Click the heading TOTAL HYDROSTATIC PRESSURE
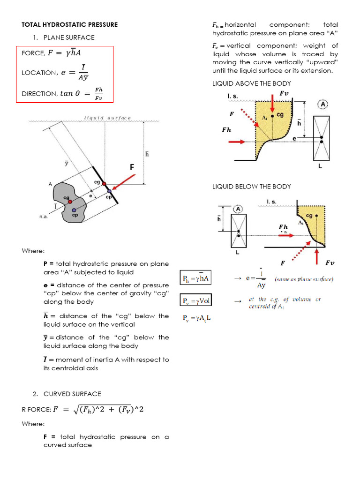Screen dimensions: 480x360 pyautogui.click(x=70, y=24)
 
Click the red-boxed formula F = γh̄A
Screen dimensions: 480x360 pyautogui.click(x=67, y=53)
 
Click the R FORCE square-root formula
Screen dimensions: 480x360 pyautogui.click(x=108, y=410)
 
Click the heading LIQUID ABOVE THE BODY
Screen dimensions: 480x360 pyautogui.click(x=251, y=83)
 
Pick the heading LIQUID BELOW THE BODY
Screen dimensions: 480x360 pyautogui.click(x=251, y=187)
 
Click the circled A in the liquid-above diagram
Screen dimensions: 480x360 pyautogui.click(x=322, y=105)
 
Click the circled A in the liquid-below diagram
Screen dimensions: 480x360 pyautogui.click(x=238, y=209)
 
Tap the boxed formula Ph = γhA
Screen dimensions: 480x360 pyautogui.click(x=195, y=278)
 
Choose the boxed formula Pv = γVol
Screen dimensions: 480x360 pyautogui.click(x=195, y=300)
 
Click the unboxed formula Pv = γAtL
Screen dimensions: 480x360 pyautogui.click(x=197, y=318)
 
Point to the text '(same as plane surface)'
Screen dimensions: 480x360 pyautogui.click(x=304, y=279)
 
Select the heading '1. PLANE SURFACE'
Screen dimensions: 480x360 pyautogui.click(x=69, y=37)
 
